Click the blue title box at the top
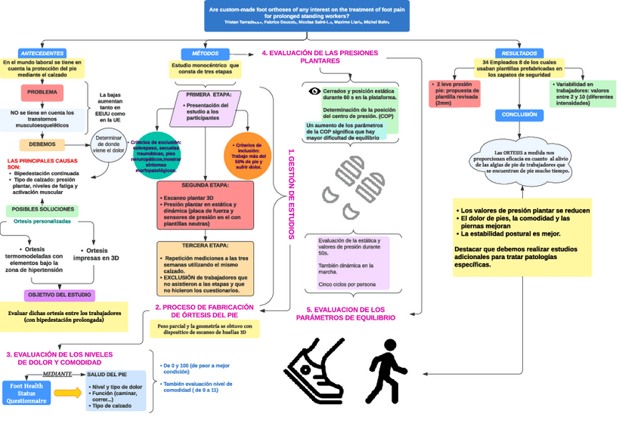(x=306, y=15)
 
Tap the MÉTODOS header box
(x=200, y=53)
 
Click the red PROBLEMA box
(x=42, y=92)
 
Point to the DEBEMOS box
(x=42, y=144)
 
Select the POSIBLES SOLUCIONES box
(x=42, y=208)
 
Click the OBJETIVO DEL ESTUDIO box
(x=59, y=295)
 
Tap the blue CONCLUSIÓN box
(x=519, y=115)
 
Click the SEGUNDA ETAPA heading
(x=205, y=185)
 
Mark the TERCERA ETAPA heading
(x=205, y=245)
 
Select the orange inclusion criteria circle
(x=247, y=154)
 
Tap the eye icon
(x=315, y=91)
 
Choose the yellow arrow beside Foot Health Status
(x=67, y=393)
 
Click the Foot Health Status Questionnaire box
(x=26, y=393)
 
